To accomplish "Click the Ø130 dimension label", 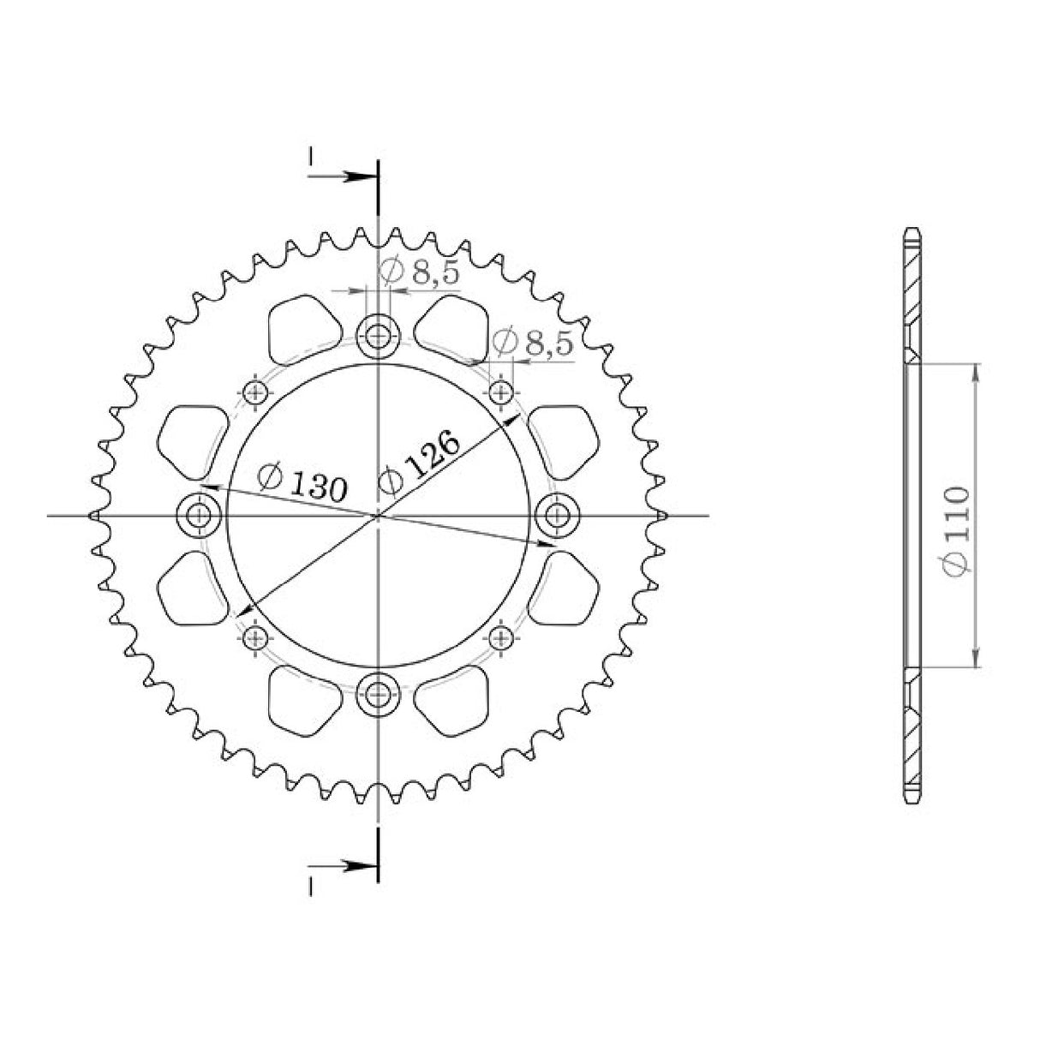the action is tap(302, 481).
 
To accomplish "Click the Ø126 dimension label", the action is tap(420, 463).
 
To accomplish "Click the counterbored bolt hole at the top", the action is tap(379, 336).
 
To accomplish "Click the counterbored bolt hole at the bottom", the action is tap(379, 694).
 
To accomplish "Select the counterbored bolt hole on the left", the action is tap(200, 516).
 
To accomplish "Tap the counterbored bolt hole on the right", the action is tap(557, 516).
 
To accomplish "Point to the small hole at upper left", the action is tap(254, 391).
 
